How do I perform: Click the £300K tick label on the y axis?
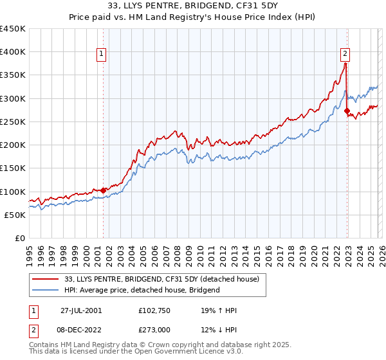pos(12,98)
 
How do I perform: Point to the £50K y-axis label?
pos(15,215)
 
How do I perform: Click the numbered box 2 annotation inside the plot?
pos(345,54)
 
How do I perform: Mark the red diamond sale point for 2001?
pos(103,190)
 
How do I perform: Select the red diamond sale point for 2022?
pos(347,111)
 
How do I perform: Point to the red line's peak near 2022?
pos(345,63)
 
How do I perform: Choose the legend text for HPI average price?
pos(142,290)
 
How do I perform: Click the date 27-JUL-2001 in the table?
pos(81,309)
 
